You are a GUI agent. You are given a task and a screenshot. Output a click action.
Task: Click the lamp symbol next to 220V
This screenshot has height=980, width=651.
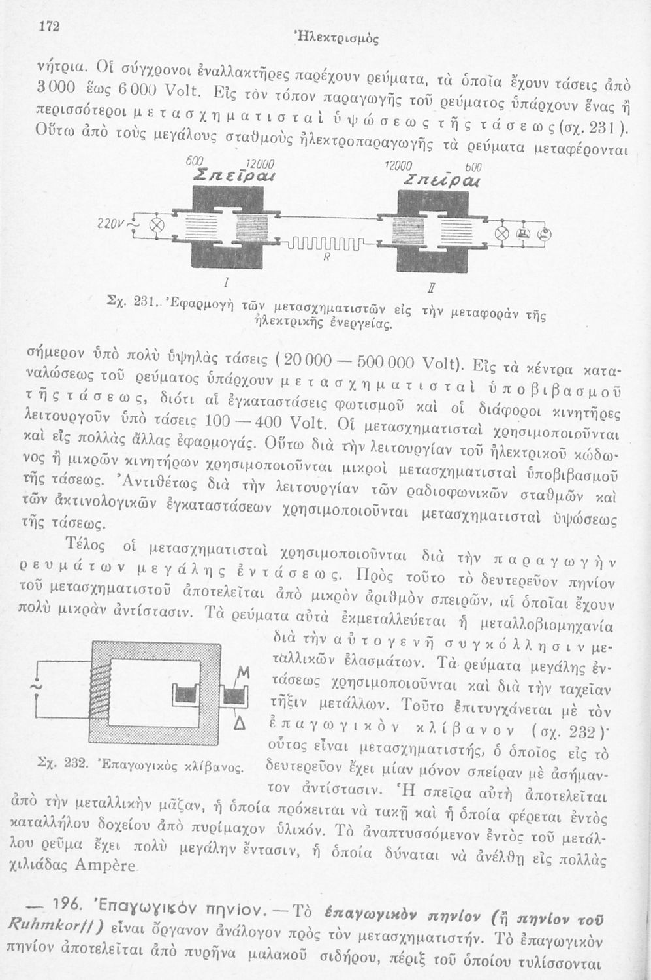tap(157, 225)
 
